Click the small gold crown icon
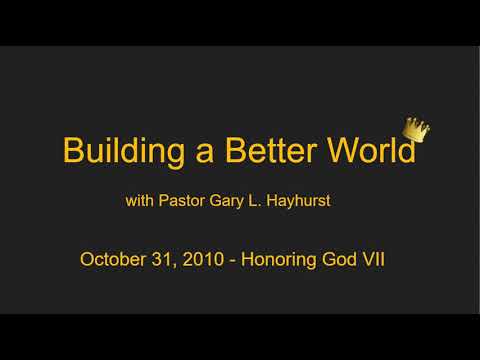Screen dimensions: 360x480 [x=415, y=129]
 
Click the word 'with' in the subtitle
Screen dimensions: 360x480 [x=139, y=201]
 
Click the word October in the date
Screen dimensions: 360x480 [x=112, y=259]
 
